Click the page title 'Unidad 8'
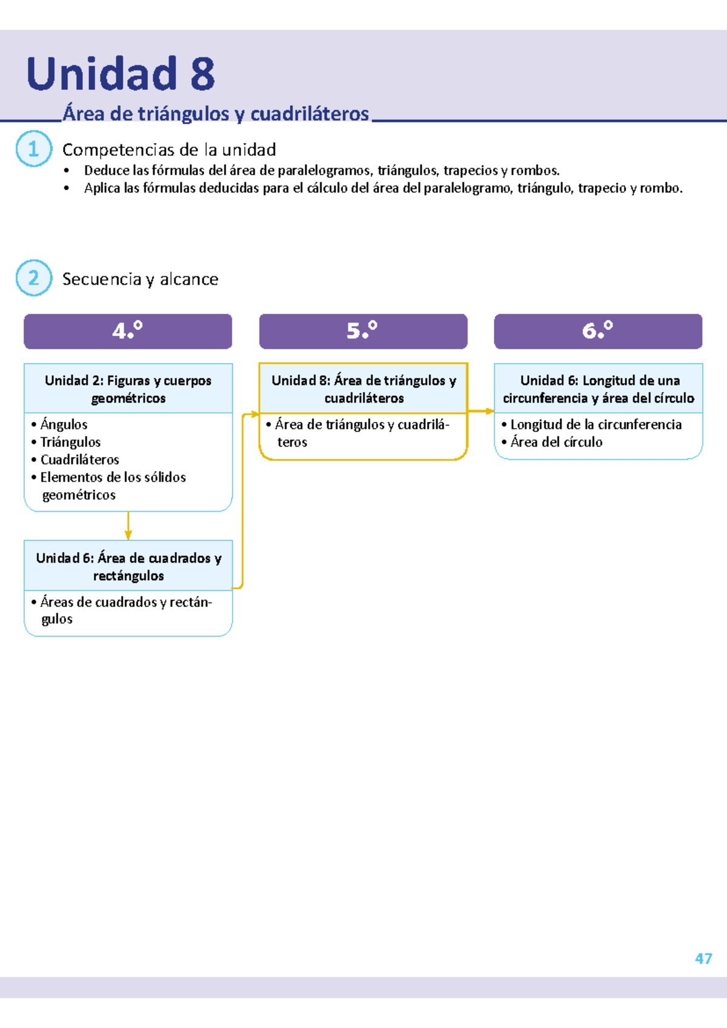point(120,74)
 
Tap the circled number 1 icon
point(33,149)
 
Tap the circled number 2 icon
point(33,278)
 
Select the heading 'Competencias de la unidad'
point(169,150)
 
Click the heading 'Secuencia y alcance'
point(140,279)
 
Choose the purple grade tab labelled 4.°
point(128,331)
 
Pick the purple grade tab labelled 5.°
point(363,331)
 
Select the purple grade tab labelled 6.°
point(598,331)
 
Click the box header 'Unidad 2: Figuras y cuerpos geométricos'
point(128,389)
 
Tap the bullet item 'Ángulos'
point(64,424)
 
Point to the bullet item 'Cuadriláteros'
point(79,459)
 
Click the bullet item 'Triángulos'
point(70,442)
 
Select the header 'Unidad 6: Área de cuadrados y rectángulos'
point(128,566)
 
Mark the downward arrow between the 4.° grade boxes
point(128,526)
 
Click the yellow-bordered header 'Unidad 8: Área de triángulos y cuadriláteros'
point(363,389)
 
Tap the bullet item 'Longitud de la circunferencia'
point(596,424)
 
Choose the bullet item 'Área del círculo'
point(556,442)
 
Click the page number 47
point(703,958)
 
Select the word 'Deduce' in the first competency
point(107,170)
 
